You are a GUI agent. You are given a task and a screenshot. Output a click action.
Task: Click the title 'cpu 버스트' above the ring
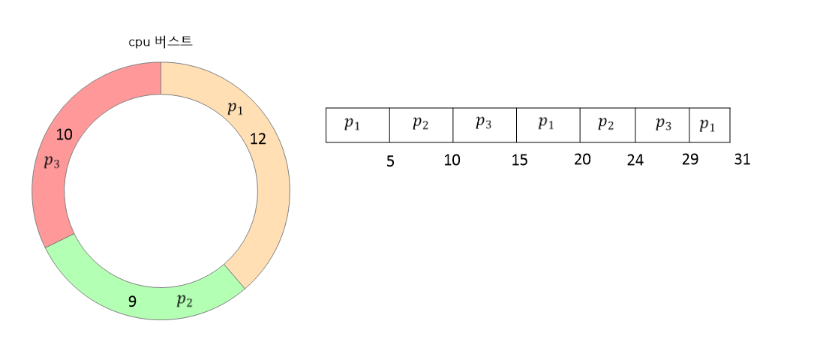click(x=161, y=42)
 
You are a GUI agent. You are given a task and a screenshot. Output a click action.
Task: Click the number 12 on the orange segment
click(x=257, y=139)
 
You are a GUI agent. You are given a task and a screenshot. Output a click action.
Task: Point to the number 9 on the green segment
click(x=132, y=302)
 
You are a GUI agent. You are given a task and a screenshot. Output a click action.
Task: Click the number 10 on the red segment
click(x=64, y=135)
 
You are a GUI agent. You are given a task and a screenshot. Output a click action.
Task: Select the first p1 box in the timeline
click(x=357, y=124)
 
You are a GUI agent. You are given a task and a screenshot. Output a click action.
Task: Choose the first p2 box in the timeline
click(x=421, y=124)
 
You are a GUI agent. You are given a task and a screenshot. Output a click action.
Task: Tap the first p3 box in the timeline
click(x=484, y=124)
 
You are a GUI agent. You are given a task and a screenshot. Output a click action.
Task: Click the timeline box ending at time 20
click(x=548, y=124)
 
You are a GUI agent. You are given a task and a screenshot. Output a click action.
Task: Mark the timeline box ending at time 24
click(x=607, y=124)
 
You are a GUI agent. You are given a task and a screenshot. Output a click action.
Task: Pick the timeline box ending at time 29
click(x=662, y=124)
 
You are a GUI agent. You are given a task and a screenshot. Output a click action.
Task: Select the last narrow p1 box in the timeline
click(x=709, y=124)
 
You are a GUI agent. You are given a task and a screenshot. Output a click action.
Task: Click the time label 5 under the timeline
click(x=390, y=161)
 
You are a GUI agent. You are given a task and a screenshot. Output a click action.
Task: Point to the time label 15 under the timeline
click(x=519, y=160)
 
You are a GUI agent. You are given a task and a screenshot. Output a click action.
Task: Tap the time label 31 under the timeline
click(x=742, y=160)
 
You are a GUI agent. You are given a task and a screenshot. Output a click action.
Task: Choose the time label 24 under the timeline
click(x=635, y=161)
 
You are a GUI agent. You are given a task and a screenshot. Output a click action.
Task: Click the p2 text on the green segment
click(x=185, y=301)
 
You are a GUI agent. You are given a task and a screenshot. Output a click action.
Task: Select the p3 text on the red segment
click(x=52, y=162)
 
